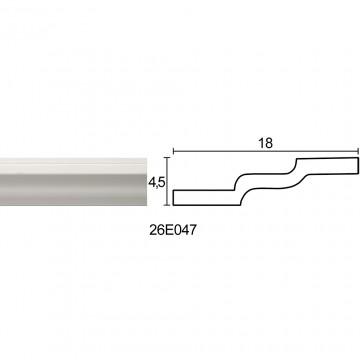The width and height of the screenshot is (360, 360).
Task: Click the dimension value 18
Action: click(265, 143)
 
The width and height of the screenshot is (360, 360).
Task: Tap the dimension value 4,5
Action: click(157, 183)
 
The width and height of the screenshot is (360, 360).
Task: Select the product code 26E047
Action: click(171, 231)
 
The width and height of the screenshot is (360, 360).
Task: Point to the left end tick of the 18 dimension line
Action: click(173, 151)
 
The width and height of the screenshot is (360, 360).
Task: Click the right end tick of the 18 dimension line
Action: click(358, 151)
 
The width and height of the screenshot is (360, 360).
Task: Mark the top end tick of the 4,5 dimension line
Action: click(167, 157)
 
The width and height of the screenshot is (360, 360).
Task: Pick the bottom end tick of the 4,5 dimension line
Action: click(167, 205)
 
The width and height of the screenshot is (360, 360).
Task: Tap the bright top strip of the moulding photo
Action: click(73, 161)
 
